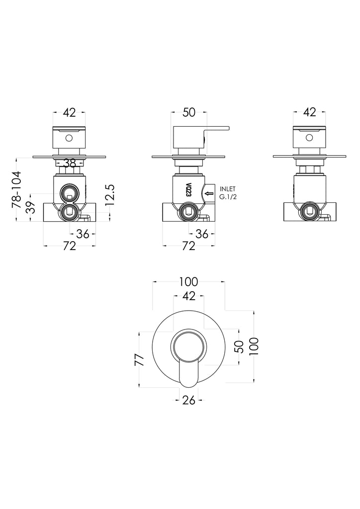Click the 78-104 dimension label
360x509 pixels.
[16, 189]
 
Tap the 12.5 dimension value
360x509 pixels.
[110, 195]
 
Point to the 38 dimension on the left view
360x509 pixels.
[70, 163]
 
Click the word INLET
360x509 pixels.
[228, 189]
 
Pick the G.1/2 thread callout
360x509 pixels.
[228, 197]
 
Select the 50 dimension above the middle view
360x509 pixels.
[189, 112]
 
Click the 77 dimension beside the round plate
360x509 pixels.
[139, 360]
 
